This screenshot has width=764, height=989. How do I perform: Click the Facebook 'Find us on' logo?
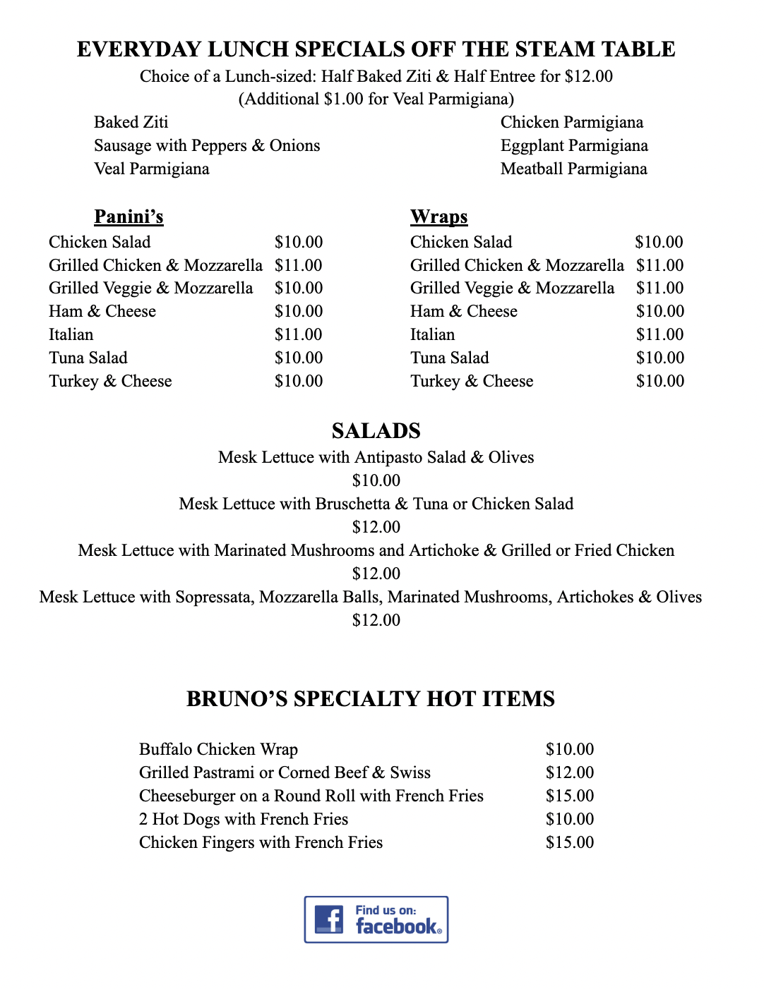pyautogui.click(x=376, y=919)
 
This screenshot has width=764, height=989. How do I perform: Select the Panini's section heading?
pyautogui.click(x=129, y=217)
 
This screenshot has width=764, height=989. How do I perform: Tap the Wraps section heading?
pyautogui.click(x=438, y=217)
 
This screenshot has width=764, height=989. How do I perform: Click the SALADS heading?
pyautogui.click(x=376, y=431)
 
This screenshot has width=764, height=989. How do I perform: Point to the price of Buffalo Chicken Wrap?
pyautogui.click(x=569, y=749)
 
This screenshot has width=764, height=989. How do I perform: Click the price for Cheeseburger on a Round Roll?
pyautogui.click(x=569, y=796)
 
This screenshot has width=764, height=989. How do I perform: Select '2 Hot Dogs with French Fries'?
pyautogui.click(x=244, y=819)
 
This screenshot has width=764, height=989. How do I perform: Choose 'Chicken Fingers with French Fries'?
pyautogui.click(x=261, y=842)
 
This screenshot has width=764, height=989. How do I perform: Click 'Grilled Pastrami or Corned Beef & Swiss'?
pyautogui.click(x=285, y=772)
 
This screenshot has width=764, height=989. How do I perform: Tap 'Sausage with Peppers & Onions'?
pyautogui.click(x=207, y=145)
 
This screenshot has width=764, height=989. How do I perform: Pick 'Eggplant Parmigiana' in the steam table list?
pyautogui.click(x=574, y=145)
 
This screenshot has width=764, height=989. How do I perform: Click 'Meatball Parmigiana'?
pyautogui.click(x=573, y=169)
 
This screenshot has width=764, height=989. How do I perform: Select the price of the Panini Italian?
pyautogui.click(x=299, y=334)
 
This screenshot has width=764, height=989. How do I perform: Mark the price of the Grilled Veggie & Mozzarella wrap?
pyautogui.click(x=659, y=288)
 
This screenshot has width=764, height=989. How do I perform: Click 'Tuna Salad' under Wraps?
pyautogui.click(x=450, y=358)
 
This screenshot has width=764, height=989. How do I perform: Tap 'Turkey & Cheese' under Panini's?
pyautogui.click(x=110, y=381)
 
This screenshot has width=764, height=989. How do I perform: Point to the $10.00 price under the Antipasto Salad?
pyautogui.click(x=376, y=480)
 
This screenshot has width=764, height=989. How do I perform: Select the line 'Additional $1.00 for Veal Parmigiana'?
pyautogui.click(x=376, y=99)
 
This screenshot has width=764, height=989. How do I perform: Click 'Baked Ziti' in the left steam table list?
pyautogui.click(x=131, y=122)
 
